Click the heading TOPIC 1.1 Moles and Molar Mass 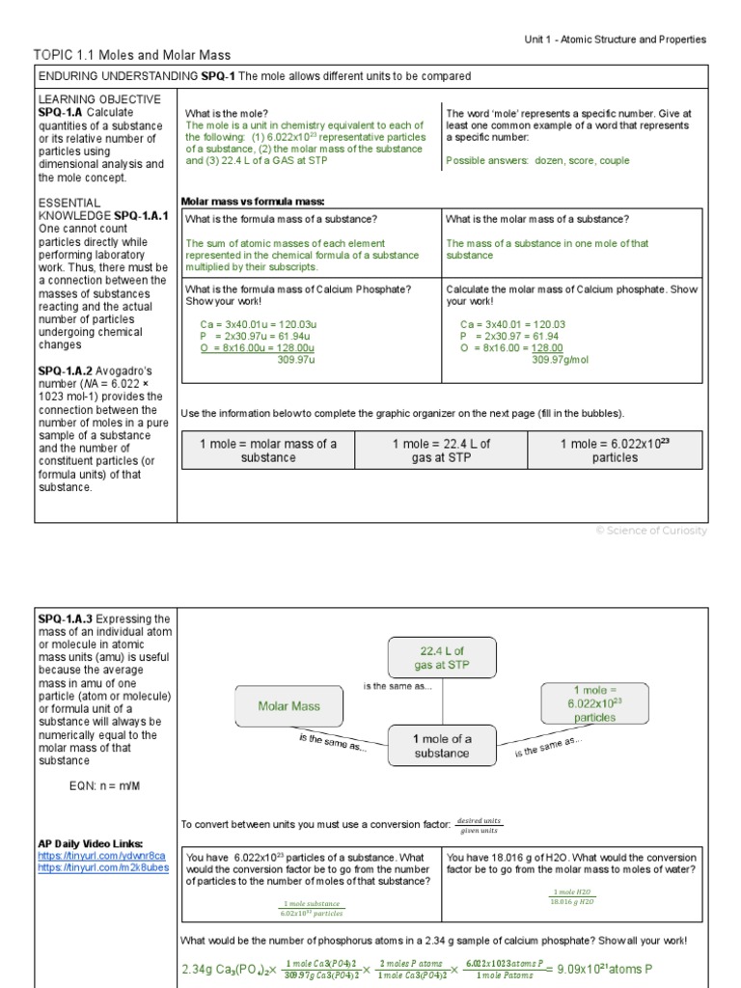coord(132,56)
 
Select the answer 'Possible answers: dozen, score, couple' coord(537,161)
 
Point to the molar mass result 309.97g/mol coord(560,360)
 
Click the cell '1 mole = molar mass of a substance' coord(268,451)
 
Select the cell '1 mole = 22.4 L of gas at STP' coord(441,451)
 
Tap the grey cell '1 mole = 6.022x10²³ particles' coord(614,451)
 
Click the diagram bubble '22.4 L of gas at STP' coord(441,658)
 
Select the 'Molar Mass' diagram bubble coord(288,706)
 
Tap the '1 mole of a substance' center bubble coord(442,746)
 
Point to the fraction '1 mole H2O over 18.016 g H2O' coord(573,896)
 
